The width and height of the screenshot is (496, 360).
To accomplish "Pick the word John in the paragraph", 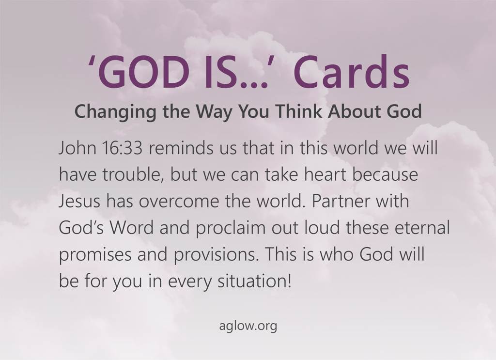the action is (77, 147).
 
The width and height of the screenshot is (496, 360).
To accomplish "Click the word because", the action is (385, 174).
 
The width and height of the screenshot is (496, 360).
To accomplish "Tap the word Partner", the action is (341, 201).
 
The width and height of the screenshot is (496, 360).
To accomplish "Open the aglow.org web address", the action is (248, 326).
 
